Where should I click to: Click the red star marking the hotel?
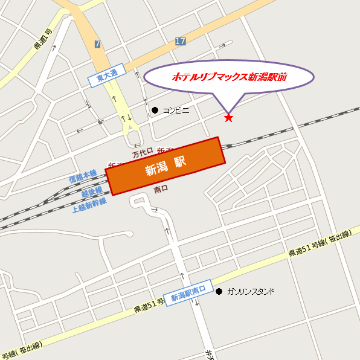tap(228, 118)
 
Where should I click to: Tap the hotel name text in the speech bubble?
tap(230, 77)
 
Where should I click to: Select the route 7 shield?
tap(98, 43)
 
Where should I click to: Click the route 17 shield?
tap(180, 40)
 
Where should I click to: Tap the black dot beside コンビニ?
tap(155, 110)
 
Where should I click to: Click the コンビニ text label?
tap(176, 110)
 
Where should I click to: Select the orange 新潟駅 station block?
tap(165, 166)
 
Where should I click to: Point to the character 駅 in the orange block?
tap(179, 162)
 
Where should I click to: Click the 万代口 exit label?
tap(143, 153)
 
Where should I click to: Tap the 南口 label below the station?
tap(161, 189)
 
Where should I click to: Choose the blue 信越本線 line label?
tap(83, 176)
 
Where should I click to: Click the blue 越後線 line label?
tap(92, 191)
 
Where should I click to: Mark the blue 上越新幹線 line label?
tap(89, 204)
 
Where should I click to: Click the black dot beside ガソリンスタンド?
tap(219, 291)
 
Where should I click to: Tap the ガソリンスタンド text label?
tap(250, 291)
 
